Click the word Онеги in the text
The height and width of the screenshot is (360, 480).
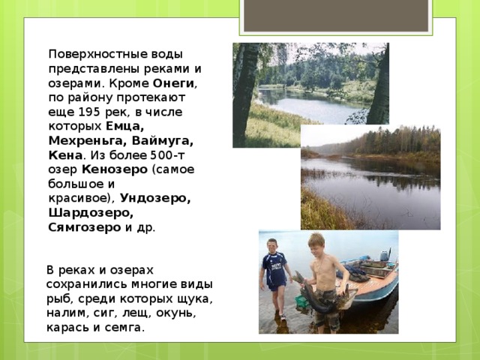tap(174, 83)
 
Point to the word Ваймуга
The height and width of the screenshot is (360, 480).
tap(162, 140)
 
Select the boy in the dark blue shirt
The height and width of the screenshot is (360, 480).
tap(274, 274)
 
